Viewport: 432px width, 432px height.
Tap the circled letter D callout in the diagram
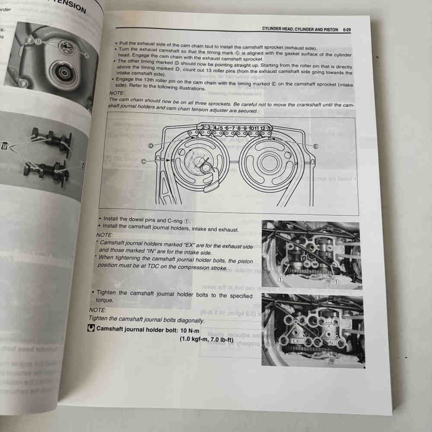[x=151, y=146]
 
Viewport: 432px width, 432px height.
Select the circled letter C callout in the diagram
[x=143, y=161]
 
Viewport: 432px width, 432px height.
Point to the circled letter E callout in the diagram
[x=315, y=146]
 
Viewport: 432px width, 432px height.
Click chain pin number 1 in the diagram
[x=197, y=127]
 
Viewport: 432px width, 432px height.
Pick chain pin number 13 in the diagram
[x=270, y=129]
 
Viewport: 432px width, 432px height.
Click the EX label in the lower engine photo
[x=296, y=341]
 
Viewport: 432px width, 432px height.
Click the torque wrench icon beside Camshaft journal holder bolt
[x=91, y=329]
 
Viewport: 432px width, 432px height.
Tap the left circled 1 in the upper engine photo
[x=280, y=280]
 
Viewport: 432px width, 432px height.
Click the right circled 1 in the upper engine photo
[x=336, y=281]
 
